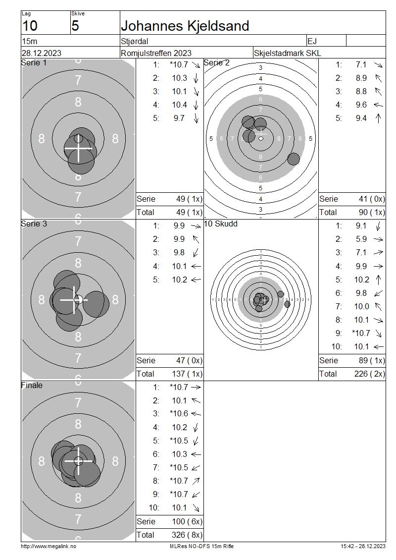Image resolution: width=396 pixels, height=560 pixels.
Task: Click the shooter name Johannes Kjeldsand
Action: (185, 26)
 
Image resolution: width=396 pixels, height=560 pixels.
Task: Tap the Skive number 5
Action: (75, 26)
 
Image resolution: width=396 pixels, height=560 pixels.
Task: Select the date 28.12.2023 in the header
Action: (42, 53)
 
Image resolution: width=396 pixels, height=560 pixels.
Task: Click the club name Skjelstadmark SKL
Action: (287, 53)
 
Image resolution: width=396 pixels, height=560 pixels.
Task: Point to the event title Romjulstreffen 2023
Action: (156, 53)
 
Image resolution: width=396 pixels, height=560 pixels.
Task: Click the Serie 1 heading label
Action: (34, 63)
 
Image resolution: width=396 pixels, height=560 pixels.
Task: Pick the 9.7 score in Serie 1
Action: (179, 118)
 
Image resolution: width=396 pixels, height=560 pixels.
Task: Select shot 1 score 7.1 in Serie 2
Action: (361, 64)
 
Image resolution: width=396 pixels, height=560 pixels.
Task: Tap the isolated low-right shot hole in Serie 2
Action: (293, 159)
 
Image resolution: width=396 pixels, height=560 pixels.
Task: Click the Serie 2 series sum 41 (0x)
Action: (372, 199)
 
